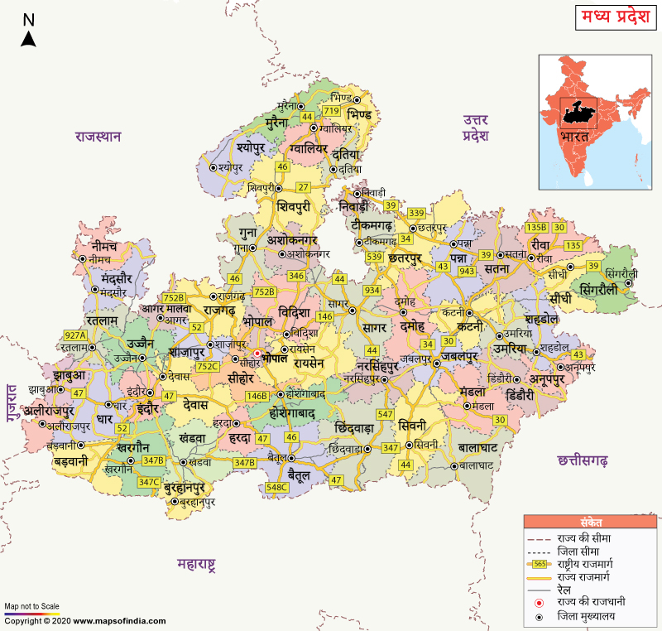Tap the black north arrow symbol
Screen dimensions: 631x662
(28, 38)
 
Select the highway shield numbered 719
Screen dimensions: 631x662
(332, 110)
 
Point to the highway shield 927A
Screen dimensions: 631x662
(75, 335)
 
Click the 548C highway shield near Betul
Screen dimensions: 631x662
(278, 488)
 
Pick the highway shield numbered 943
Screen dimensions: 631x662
(467, 271)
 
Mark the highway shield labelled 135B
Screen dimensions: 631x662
(537, 227)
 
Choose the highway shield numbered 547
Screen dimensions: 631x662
(385, 414)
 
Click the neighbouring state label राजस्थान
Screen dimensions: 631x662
(98, 137)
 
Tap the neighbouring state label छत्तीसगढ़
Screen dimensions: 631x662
(583, 459)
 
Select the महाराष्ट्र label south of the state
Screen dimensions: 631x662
(196, 566)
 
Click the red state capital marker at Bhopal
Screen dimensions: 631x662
(257, 354)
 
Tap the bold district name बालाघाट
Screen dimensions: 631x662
(477, 448)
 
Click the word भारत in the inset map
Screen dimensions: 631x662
(573, 136)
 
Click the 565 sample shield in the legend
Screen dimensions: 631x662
(539, 563)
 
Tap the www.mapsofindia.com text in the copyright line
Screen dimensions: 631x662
(119, 620)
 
